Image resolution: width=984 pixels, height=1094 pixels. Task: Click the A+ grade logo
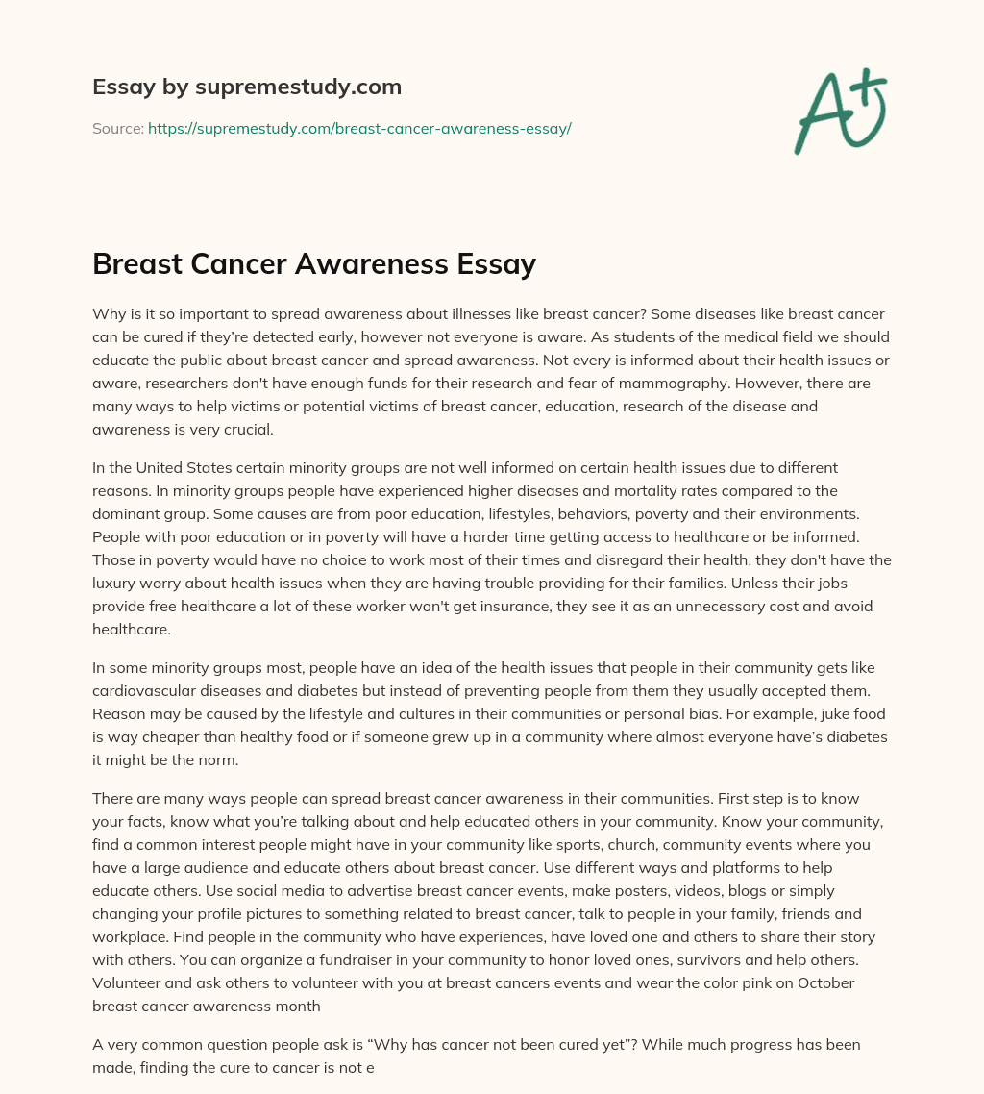(841, 111)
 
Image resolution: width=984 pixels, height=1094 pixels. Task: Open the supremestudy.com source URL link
(359, 128)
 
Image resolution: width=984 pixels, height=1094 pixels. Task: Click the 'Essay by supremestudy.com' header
(247, 87)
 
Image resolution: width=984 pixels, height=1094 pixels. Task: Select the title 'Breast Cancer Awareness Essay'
(314, 264)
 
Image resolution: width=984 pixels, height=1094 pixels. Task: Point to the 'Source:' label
(118, 128)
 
